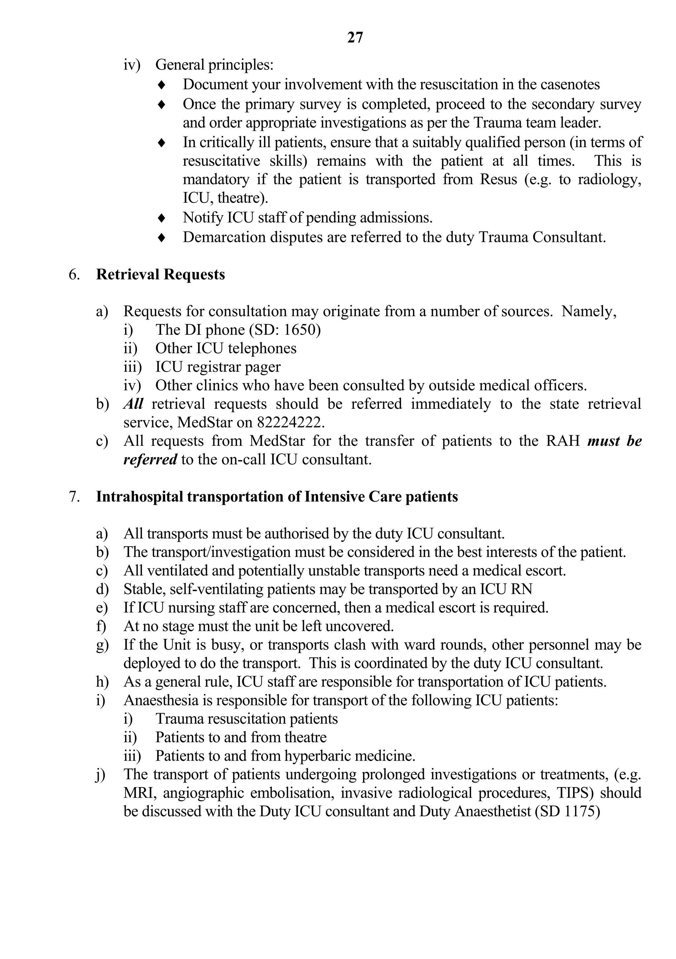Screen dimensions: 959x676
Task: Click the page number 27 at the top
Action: (x=355, y=38)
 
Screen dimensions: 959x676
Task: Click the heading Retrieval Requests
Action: (x=160, y=275)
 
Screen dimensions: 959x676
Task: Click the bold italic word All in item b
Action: (x=133, y=404)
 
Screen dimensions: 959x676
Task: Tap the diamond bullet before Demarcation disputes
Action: (x=162, y=238)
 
